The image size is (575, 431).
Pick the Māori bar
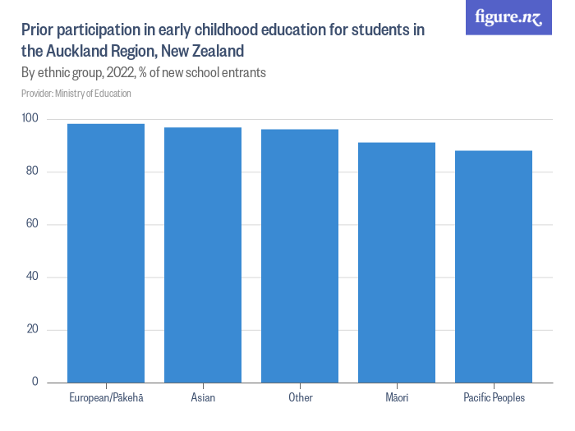[x=397, y=262]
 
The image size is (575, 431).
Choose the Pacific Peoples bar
[x=494, y=266]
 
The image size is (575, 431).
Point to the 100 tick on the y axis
[x=30, y=119]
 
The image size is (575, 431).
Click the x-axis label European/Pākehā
[x=106, y=398]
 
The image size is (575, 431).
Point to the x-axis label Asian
[x=203, y=398]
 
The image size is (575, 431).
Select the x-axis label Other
[x=300, y=398]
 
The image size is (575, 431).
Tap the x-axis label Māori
[x=397, y=398]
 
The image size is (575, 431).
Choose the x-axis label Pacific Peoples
[x=494, y=398]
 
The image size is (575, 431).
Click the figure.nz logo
[x=508, y=17]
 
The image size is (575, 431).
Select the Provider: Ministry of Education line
[x=76, y=94]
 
